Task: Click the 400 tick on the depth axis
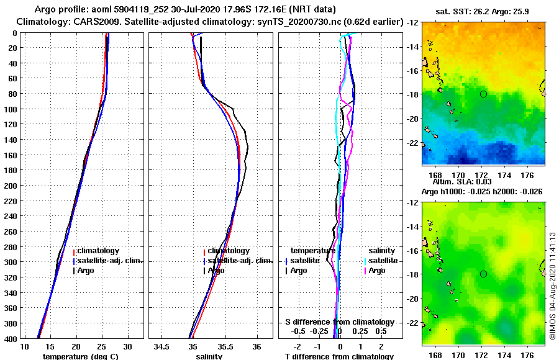[9, 338]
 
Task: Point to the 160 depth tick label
[9, 155]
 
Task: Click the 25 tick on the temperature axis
[102, 346]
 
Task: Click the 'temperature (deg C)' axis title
[80, 356]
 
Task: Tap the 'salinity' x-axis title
[210, 356]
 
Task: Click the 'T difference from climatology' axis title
[339, 356]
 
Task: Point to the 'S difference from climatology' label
[340, 322]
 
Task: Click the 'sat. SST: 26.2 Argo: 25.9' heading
[483, 12]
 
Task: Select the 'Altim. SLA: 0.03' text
[483, 182]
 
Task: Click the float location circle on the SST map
[483, 94]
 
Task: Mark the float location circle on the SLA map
[483, 274]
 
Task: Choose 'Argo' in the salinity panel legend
[216, 271]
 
